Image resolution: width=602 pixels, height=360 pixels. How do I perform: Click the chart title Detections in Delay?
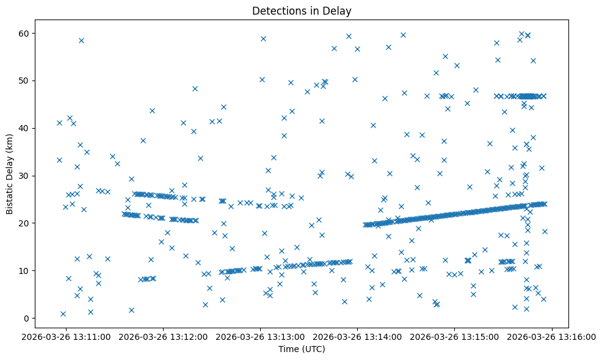(x=302, y=11)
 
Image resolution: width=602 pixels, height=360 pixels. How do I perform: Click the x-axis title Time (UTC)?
(x=302, y=350)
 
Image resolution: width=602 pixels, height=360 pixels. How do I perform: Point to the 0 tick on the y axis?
(x=27, y=318)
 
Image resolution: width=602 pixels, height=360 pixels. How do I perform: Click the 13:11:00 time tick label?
(x=67, y=336)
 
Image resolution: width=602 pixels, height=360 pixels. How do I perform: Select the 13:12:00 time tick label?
(x=164, y=336)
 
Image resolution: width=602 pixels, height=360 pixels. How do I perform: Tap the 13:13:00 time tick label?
(x=261, y=336)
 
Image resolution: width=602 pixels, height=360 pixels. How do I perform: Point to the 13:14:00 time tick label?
(x=358, y=336)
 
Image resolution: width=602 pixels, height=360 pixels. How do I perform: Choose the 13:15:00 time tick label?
(x=455, y=336)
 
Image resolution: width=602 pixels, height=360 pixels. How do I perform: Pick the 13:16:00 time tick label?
(x=552, y=336)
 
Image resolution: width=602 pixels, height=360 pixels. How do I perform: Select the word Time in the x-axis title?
(x=289, y=350)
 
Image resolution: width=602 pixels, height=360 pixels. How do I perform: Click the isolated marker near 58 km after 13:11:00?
(x=81, y=40)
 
